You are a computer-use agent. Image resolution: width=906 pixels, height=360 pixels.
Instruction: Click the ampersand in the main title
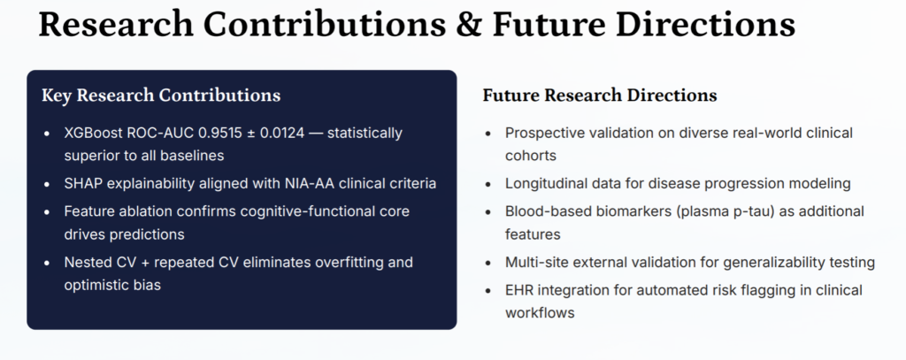coord(469,25)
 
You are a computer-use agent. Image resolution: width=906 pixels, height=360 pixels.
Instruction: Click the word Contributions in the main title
coord(325,25)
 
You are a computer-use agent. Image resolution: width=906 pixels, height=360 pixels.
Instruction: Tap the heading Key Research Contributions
coord(161,96)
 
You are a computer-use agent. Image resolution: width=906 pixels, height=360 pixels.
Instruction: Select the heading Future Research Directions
coord(600,96)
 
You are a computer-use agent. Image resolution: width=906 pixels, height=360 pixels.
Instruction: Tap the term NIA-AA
coord(311,184)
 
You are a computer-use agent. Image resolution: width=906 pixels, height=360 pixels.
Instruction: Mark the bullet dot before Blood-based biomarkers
coord(488,212)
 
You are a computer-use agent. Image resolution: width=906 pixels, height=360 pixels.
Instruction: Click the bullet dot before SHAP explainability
coord(48,184)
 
